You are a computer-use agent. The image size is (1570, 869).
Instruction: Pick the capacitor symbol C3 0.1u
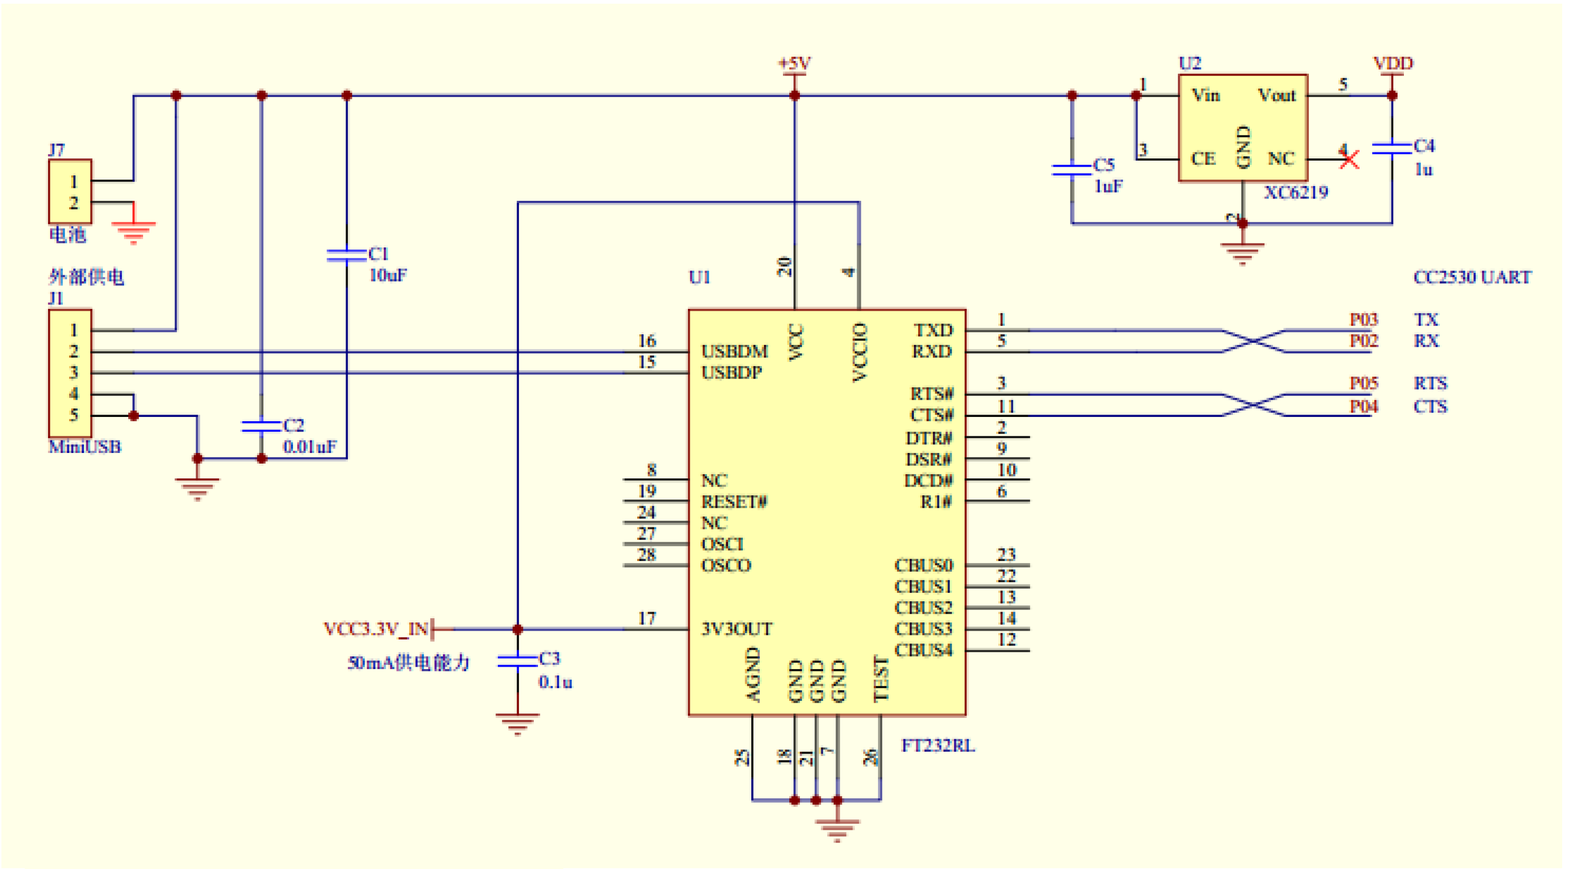tap(517, 661)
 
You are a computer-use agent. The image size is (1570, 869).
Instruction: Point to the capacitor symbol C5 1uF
tap(1071, 169)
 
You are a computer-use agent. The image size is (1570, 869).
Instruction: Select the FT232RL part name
tap(937, 745)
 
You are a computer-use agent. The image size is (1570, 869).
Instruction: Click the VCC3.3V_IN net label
tap(376, 629)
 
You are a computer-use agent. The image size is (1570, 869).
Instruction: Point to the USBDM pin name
tap(734, 351)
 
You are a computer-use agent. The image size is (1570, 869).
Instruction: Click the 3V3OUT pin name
tap(736, 629)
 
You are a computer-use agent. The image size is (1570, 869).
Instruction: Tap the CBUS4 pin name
tap(923, 650)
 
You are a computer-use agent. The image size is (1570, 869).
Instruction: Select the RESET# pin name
tap(734, 501)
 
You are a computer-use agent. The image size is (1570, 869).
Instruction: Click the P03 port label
tap(1363, 320)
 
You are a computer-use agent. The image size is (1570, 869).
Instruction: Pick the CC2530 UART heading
tap(1471, 278)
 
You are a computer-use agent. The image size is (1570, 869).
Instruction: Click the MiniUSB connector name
tap(85, 447)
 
